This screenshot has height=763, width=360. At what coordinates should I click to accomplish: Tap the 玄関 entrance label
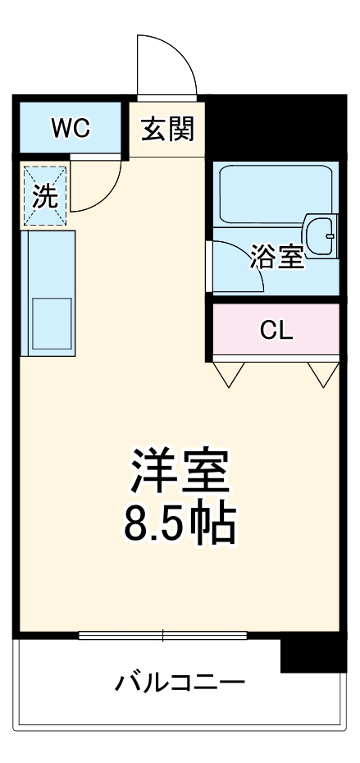pos(167,129)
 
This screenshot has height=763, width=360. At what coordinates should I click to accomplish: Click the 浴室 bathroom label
pos(277,258)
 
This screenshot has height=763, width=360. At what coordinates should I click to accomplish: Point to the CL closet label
pos(276,330)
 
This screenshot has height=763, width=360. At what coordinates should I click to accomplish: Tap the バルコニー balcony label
pos(180,682)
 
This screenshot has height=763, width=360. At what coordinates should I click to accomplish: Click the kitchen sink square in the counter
pos(51,323)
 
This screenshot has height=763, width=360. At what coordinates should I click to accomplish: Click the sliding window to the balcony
pos(162,634)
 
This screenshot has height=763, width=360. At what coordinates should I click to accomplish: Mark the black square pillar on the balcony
pos(312,653)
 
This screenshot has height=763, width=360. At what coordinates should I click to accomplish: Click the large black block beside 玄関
pos(271,127)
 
